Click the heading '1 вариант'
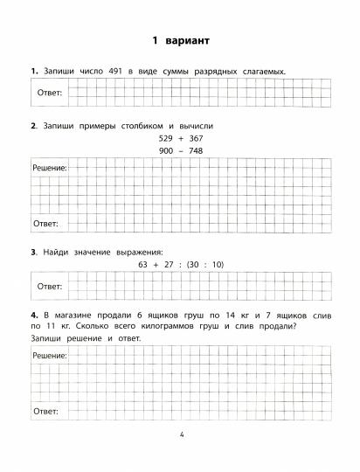pyautogui.click(x=180, y=40)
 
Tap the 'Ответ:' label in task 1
pyautogui.click(x=48, y=92)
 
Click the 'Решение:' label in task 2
pyautogui.click(x=50, y=165)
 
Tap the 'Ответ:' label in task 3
pyautogui.click(x=48, y=286)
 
